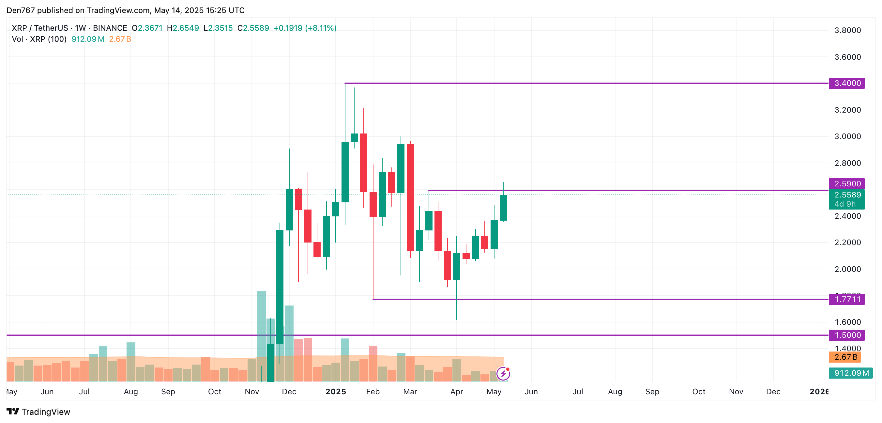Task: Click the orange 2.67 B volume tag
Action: click(x=845, y=357)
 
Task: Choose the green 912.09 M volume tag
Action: click(x=850, y=373)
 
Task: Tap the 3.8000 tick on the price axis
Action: click(x=847, y=30)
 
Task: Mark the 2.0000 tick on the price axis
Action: click(x=847, y=269)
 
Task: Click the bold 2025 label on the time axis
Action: click(x=336, y=391)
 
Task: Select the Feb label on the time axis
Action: click(x=373, y=391)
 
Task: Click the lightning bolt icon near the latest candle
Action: click(x=503, y=373)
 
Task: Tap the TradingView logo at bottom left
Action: click(x=38, y=411)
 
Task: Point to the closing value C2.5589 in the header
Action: click(x=253, y=28)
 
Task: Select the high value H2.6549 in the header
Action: click(x=183, y=28)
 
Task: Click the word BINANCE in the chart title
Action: click(x=110, y=28)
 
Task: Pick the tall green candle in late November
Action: click(x=280, y=287)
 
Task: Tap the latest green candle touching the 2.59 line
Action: click(x=503, y=208)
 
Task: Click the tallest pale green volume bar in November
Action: click(x=261, y=325)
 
